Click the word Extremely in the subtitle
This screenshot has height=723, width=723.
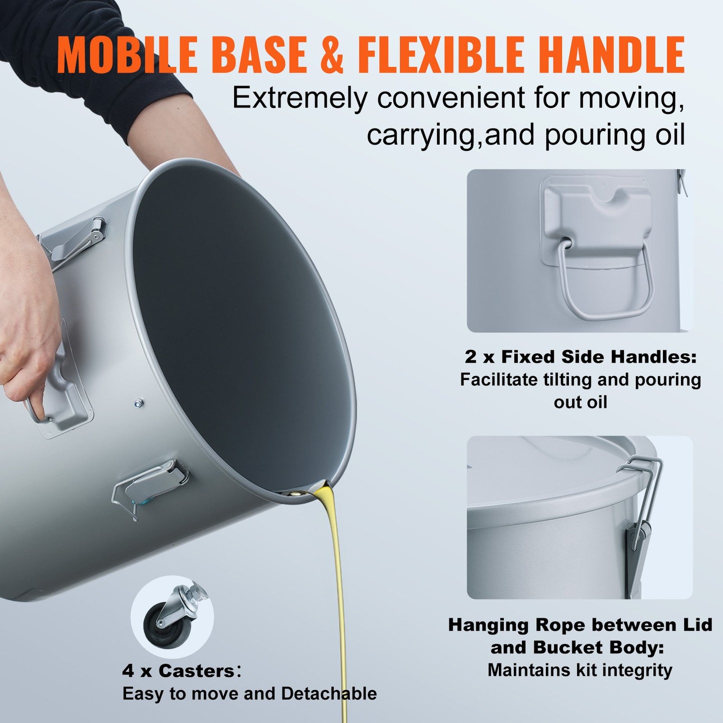(299, 98)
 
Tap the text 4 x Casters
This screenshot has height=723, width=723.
(178, 671)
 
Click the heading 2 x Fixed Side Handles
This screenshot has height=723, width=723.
(580, 357)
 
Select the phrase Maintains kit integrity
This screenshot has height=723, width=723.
(580, 670)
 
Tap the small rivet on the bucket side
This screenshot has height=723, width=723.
(139, 402)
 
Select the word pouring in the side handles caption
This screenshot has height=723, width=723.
(668, 380)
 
